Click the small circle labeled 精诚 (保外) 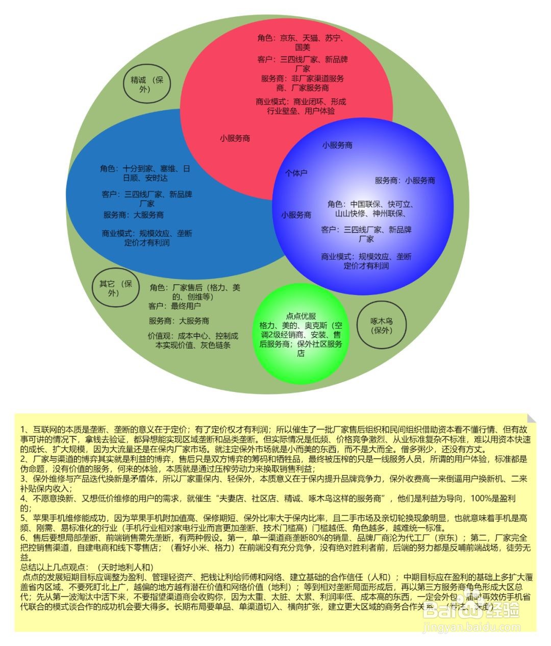tap(147, 84)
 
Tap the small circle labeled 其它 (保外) tap(115, 288)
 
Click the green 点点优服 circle tap(301, 334)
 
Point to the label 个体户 tap(296, 173)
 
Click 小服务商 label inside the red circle tap(235, 138)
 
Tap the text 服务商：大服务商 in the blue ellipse tap(134, 215)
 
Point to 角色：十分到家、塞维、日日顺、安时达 tap(145, 173)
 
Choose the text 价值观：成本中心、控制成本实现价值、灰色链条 tap(193, 340)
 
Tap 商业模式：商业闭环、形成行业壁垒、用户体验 tap(301, 106)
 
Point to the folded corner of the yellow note tap(531, 418)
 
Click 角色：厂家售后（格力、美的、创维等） tap(195, 291)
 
